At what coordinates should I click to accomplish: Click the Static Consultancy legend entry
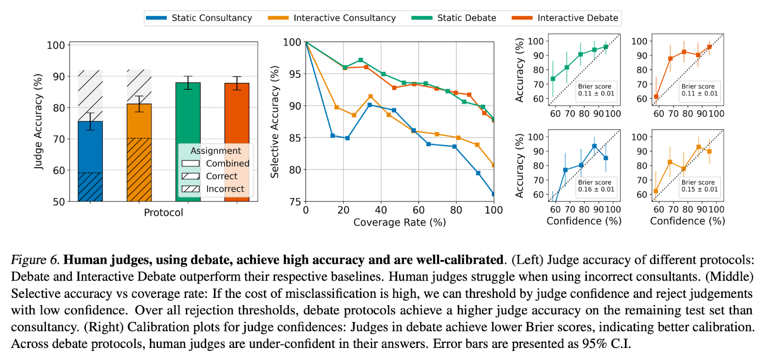[212, 18]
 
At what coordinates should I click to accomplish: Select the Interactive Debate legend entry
[577, 18]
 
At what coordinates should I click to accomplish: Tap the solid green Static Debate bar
[188, 116]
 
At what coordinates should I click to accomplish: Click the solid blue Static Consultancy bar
[90, 145]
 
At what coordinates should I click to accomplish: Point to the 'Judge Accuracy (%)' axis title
[38, 121]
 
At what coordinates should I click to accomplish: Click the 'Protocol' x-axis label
[163, 213]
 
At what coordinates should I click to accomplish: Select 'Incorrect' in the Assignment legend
[225, 189]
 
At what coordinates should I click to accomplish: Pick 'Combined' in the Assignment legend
[227, 163]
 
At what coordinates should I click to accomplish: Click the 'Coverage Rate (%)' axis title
[399, 222]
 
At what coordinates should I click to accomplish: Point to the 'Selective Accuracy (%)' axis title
[275, 122]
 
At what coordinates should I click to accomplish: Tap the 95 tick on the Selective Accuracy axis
[294, 74]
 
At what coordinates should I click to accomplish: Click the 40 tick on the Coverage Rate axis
[381, 210]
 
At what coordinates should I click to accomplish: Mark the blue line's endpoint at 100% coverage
[493, 194]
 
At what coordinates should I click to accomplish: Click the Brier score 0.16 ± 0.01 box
[596, 186]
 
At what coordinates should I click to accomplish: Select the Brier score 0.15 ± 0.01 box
[699, 186]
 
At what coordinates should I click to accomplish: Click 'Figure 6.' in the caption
[35, 260]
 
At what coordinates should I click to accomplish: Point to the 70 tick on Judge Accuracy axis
[59, 139]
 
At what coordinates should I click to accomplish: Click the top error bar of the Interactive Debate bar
[237, 77]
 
